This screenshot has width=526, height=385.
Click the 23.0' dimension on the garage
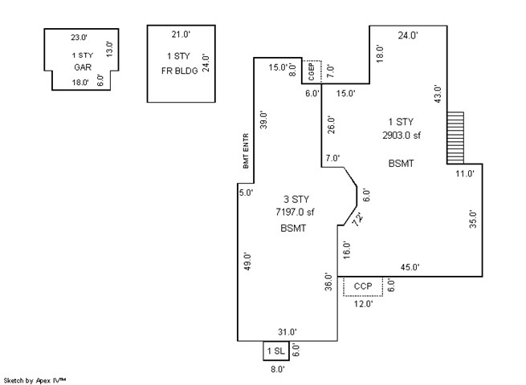click(x=79, y=37)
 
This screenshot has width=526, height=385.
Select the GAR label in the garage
click(x=83, y=67)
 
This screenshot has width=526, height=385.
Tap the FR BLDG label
click(x=179, y=71)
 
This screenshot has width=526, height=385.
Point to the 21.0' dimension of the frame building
click(x=181, y=34)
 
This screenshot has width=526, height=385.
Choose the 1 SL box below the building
click(x=276, y=351)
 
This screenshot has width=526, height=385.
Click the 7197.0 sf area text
click(x=295, y=212)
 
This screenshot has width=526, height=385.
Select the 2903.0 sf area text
click(x=402, y=136)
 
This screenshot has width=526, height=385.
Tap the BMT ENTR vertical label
click(x=246, y=151)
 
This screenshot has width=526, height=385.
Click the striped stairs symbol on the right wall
click(x=455, y=138)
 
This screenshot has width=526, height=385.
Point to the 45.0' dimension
click(x=410, y=267)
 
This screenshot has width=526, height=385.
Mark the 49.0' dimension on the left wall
click(x=247, y=261)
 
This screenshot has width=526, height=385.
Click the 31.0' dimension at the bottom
click(x=287, y=332)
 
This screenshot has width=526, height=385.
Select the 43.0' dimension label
click(x=438, y=94)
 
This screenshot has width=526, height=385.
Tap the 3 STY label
click(x=296, y=200)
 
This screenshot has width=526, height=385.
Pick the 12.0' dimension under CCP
click(x=363, y=304)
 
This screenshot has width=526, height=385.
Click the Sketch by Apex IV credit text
click(x=35, y=381)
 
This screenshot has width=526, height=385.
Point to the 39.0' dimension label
click(x=263, y=120)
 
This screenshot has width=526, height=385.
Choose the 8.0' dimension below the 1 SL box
click(x=278, y=369)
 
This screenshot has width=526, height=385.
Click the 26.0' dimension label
click(x=331, y=124)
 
